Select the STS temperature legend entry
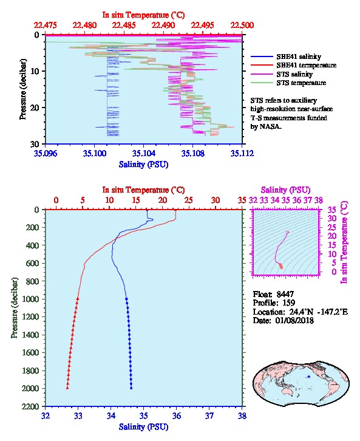click(288, 83)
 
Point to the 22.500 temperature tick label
click(242, 26)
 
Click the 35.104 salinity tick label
click(144, 153)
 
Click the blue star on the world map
click(309, 377)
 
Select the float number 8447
click(285, 294)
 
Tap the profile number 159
click(288, 303)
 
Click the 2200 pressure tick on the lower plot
click(30, 406)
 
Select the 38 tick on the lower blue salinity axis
click(242, 415)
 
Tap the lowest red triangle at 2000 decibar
click(67, 388)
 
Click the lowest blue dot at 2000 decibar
click(131, 388)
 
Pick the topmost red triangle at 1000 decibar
click(78, 299)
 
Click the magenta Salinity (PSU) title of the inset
click(285, 190)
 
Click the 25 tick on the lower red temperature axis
click(189, 200)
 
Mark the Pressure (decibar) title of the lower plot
click(15, 308)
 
